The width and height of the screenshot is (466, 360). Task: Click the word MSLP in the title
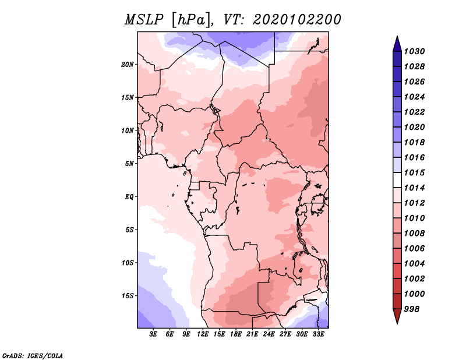point(143,20)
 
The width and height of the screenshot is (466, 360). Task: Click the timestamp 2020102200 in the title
point(296,20)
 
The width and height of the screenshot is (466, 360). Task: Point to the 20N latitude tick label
point(128,65)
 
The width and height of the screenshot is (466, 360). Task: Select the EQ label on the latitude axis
point(129,197)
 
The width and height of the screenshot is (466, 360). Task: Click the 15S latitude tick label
point(128,296)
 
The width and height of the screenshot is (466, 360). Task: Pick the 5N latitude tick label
point(129,164)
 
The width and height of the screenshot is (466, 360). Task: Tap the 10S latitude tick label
point(128,263)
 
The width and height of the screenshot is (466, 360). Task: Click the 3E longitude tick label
point(153,334)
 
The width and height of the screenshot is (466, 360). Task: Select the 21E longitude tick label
point(252,334)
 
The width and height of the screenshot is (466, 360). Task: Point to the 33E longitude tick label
point(318,334)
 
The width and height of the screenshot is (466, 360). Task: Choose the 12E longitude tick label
point(202,334)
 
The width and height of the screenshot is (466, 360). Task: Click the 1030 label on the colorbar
point(414,51)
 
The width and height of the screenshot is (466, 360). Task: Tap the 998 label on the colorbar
point(412,309)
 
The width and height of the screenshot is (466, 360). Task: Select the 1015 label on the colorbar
point(414,172)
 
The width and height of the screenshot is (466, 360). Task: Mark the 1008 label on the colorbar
point(414,234)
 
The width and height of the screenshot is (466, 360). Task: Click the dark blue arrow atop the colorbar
point(397,45)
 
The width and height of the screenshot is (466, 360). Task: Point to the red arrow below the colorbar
point(397,315)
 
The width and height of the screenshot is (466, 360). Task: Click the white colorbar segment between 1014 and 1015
point(397,180)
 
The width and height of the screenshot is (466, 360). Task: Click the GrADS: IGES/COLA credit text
point(33,356)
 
